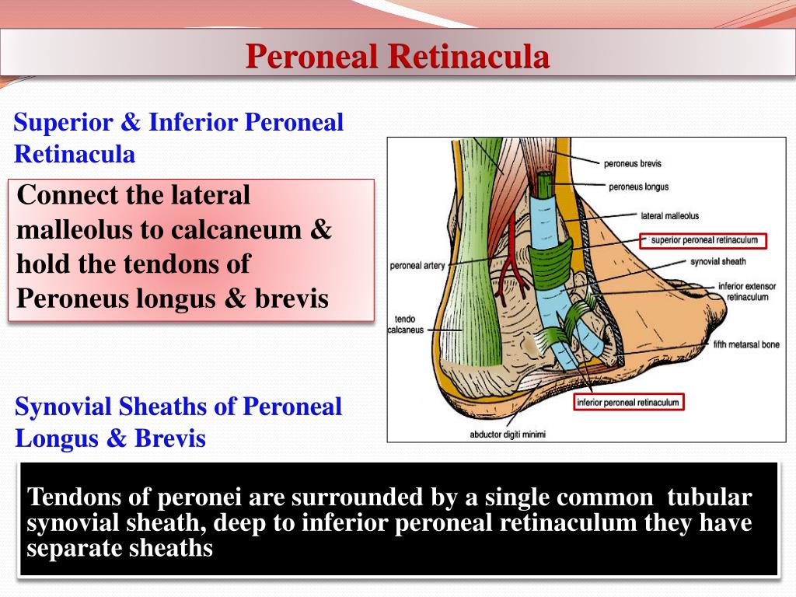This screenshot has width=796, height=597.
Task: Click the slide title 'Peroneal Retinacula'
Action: click(397, 57)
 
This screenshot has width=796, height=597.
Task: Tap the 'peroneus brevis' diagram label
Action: click(632, 163)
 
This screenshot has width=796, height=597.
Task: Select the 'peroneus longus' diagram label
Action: click(638, 187)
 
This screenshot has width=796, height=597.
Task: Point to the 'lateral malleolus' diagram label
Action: click(669, 215)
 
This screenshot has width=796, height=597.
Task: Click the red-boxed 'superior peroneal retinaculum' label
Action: click(703, 240)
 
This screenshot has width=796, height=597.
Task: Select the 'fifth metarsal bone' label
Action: click(745, 344)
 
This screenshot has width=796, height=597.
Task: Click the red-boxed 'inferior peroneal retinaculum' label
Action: click(628, 402)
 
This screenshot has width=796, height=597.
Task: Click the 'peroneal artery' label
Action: click(417, 266)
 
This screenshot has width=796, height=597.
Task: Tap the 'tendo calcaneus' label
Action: click(409, 324)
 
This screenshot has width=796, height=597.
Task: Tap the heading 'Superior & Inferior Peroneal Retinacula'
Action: click(179, 138)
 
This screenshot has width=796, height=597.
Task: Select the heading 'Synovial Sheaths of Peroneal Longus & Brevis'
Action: click(179, 423)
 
